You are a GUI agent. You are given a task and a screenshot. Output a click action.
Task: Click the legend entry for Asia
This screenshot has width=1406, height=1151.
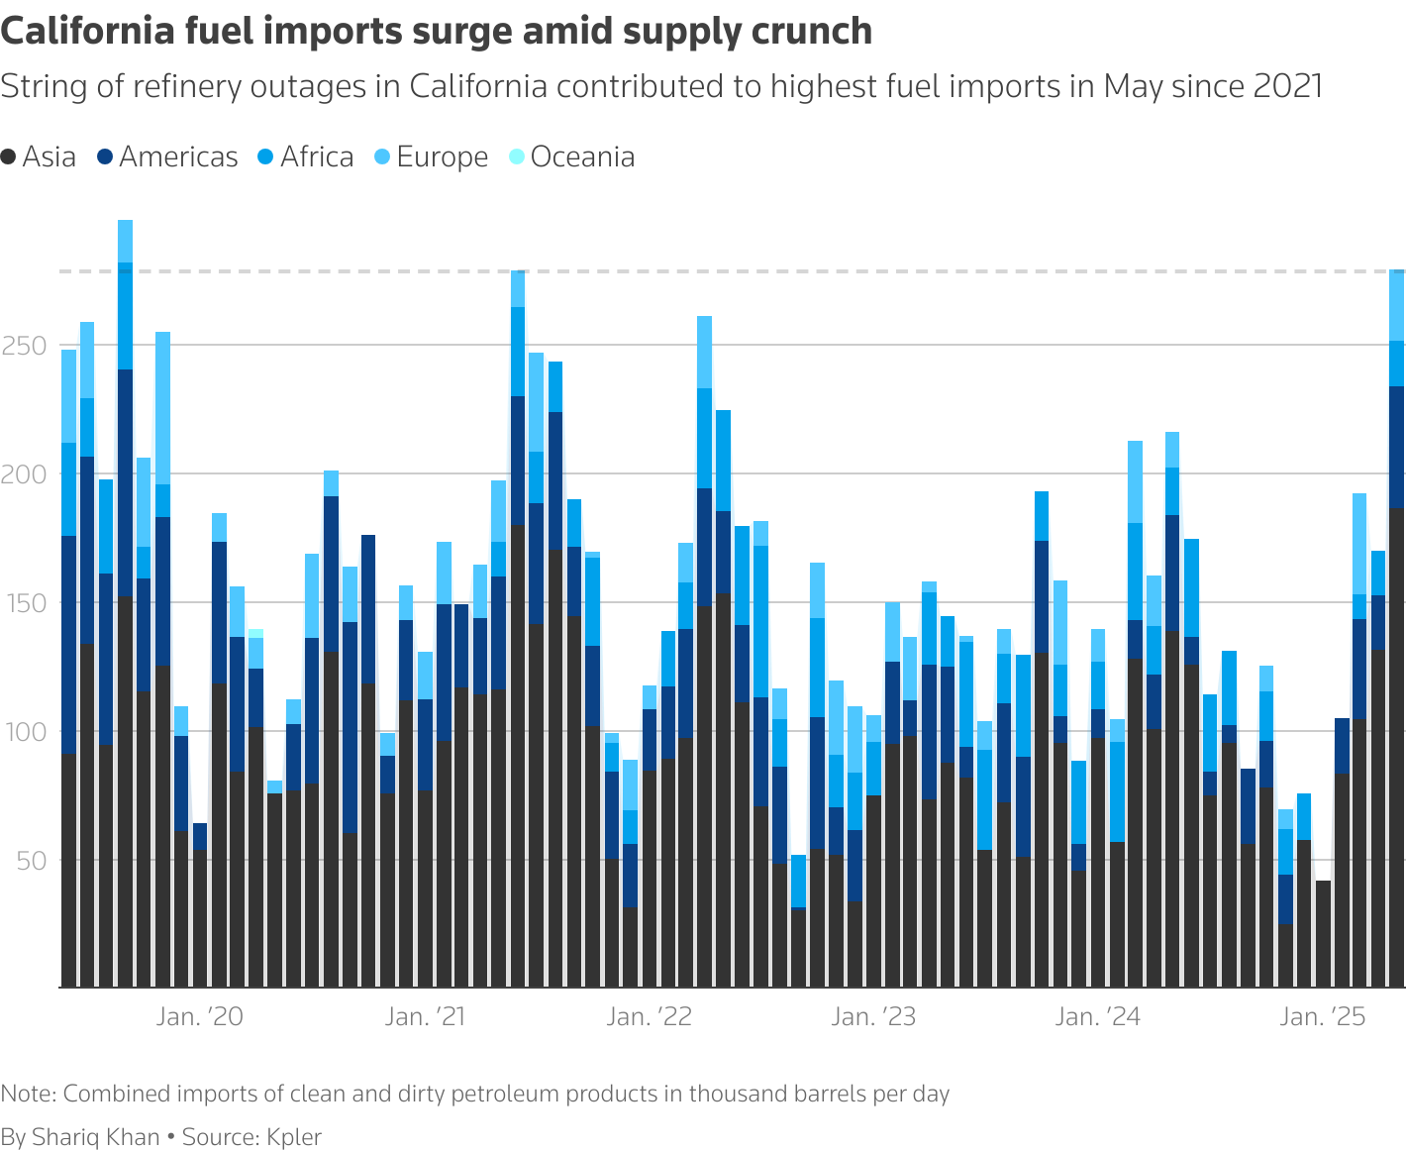coord(40,157)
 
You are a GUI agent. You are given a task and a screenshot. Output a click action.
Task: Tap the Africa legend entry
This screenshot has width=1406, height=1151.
coord(306,157)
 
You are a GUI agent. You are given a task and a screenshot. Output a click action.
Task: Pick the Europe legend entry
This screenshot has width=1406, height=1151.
coord(432,157)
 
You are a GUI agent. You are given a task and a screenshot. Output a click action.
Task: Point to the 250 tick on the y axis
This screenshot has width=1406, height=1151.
coord(25,347)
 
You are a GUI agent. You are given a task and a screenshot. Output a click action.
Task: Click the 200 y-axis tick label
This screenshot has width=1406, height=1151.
coord(25,475)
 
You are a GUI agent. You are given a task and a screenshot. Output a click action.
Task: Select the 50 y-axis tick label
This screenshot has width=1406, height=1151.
coord(30,861)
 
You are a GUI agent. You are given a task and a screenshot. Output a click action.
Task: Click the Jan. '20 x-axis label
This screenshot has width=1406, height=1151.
coord(199,1017)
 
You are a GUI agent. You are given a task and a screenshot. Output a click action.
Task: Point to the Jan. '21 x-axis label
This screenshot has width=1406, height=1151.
coord(425,1017)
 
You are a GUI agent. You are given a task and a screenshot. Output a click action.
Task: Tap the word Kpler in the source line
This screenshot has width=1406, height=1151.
coord(293,1137)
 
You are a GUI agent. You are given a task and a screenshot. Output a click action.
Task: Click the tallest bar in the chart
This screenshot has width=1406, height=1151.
coord(125,604)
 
